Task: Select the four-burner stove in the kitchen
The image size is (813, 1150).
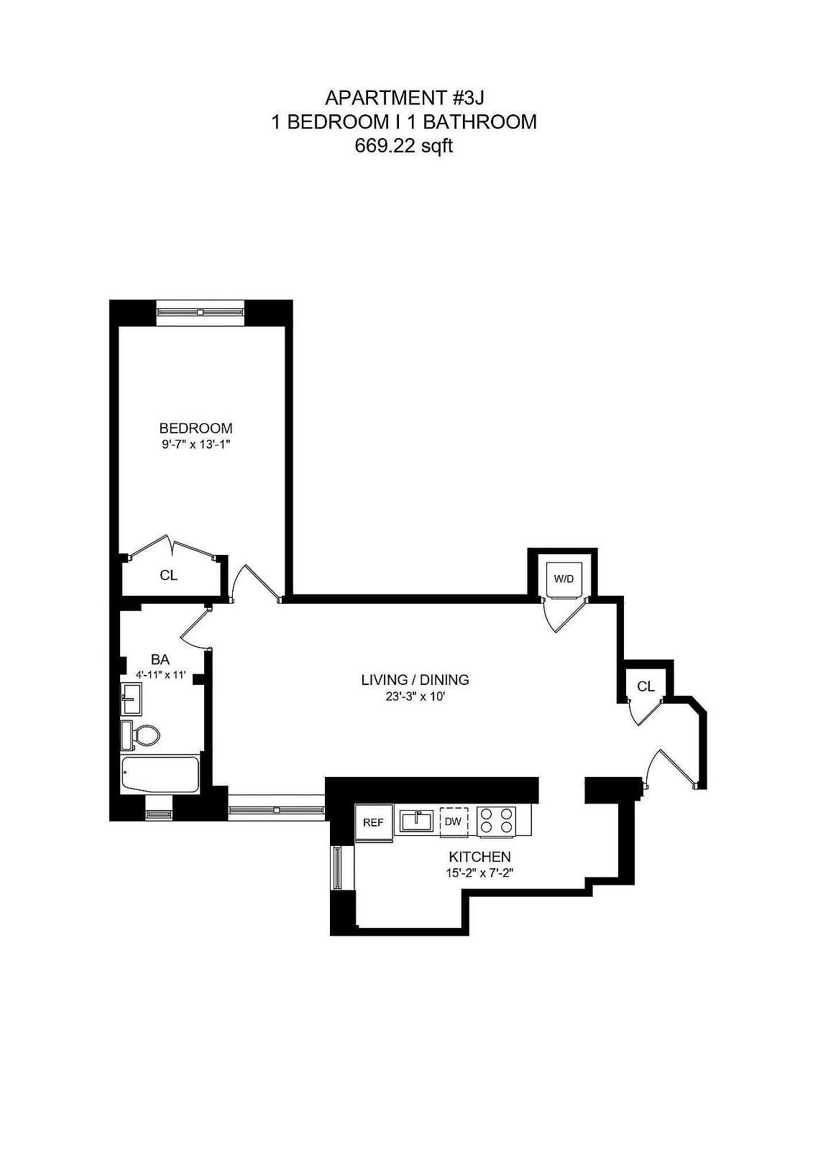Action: (x=496, y=821)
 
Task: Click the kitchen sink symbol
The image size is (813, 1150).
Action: (x=418, y=821)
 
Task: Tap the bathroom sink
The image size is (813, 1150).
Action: (x=133, y=698)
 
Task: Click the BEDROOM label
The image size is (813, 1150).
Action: (x=196, y=428)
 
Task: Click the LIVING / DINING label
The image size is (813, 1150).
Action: (x=415, y=680)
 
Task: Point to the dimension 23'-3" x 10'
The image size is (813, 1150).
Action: (x=415, y=697)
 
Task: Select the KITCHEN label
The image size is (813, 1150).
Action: (x=479, y=857)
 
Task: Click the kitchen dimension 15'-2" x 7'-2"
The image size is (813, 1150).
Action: (x=479, y=873)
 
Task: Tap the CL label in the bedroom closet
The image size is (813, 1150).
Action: (x=168, y=576)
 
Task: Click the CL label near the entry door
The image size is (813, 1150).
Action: (x=646, y=686)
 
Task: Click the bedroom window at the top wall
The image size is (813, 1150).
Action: (x=201, y=312)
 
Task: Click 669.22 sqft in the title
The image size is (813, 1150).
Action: (x=404, y=147)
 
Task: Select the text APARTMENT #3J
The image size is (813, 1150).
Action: (x=405, y=97)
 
